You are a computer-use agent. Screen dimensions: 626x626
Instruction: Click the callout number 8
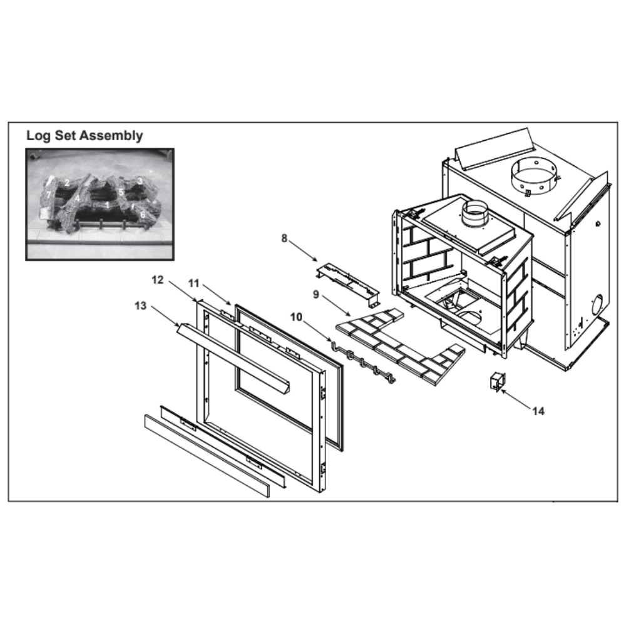click(284, 239)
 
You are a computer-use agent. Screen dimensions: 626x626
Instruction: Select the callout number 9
click(316, 295)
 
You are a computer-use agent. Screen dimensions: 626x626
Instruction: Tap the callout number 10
click(296, 317)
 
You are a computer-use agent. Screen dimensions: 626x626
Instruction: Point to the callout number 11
click(193, 284)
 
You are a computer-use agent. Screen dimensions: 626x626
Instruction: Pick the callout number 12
click(158, 280)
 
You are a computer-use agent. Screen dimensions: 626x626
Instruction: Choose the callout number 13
click(140, 306)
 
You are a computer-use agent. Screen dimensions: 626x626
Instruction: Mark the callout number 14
click(538, 411)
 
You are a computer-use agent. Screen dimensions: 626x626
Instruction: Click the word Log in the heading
click(38, 135)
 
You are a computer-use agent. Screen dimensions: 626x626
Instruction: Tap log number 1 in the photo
click(107, 205)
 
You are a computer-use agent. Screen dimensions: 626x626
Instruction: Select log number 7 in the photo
click(48, 195)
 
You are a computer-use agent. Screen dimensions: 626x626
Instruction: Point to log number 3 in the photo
click(140, 181)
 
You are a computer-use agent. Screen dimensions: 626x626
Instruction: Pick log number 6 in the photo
click(143, 214)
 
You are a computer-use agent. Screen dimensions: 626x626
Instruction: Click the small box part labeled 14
click(497, 381)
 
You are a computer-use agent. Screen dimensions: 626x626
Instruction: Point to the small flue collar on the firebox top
click(475, 213)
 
